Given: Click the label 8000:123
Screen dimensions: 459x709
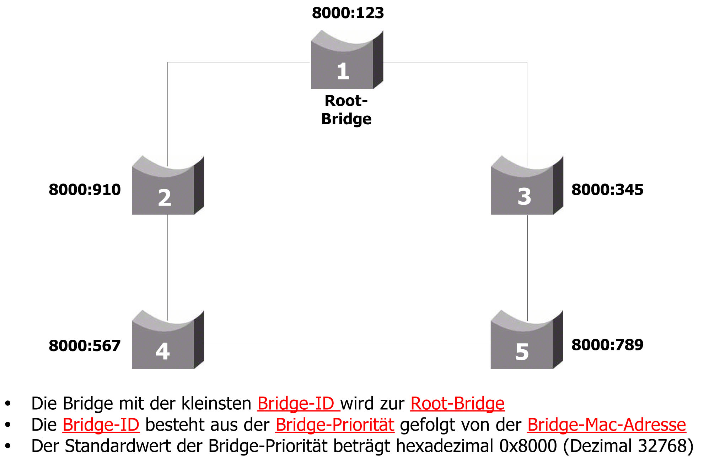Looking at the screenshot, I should coord(348,13).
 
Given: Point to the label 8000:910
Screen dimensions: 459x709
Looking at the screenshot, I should coord(85,190).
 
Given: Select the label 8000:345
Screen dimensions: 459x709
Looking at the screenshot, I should coord(607,190).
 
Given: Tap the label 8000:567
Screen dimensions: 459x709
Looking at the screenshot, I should coord(85,346).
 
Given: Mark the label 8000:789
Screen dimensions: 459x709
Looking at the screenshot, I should coord(607,345).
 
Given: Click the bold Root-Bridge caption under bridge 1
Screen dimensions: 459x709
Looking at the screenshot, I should coord(346,110).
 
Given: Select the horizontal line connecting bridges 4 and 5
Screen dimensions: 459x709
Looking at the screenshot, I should coord(347,342).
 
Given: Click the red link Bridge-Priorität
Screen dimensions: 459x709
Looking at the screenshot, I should coord(335,425).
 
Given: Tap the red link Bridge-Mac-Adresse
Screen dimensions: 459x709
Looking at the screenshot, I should coord(606,425).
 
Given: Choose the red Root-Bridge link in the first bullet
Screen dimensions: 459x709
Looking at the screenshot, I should coord(457,403).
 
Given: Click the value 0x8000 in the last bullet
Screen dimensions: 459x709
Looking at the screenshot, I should coord(528,446).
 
